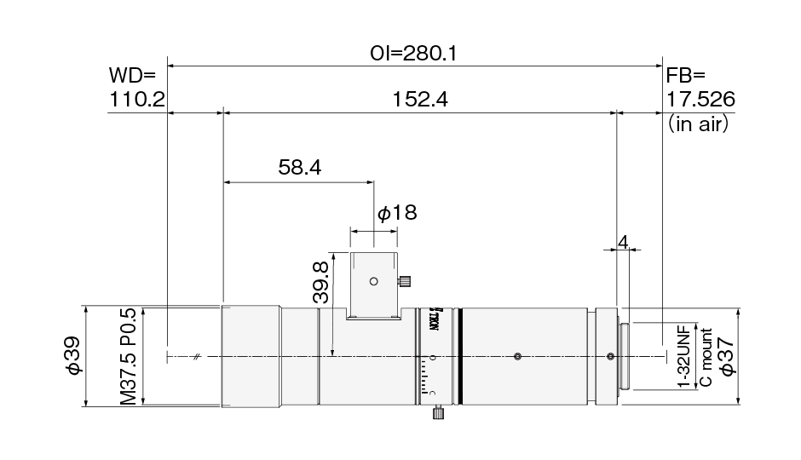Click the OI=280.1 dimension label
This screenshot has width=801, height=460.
(413, 53)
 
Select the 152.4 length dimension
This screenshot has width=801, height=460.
(420, 99)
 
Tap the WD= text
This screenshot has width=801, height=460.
(132, 76)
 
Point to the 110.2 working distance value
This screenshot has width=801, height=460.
(137, 99)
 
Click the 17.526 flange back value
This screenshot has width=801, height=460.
(700, 99)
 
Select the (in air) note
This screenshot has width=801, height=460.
(698, 124)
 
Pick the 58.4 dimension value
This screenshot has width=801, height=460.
(300, 167)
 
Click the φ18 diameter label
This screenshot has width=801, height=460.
(397, 212)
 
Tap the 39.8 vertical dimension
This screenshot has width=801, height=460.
(320, 283)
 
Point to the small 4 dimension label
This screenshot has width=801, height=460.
(623, 242)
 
